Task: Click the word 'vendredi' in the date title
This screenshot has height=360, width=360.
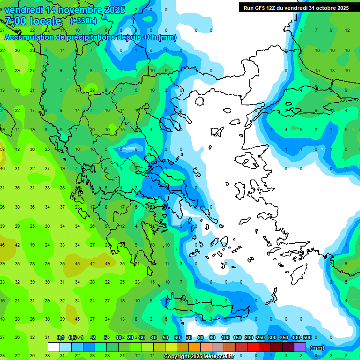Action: tap(23, 10)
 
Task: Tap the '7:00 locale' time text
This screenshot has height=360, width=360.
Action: tap(33, 21)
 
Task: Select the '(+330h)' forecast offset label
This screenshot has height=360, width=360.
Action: tap(83, 21)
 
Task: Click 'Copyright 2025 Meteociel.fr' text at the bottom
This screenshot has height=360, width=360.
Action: tap(199, 357)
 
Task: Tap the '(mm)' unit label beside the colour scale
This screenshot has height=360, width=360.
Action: tap(317, 348)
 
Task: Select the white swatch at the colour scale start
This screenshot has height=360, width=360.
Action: tap(54, 347)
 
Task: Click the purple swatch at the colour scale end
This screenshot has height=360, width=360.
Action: tap(300, 347)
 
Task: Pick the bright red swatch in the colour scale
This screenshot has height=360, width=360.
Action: tap(253, 347)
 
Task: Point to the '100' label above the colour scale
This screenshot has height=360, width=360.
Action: tap(225, 337)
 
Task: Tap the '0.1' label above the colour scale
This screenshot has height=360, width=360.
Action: tap(60, 337)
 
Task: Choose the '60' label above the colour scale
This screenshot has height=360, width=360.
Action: tap(177, 337)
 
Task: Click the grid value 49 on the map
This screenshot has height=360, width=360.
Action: tap(107, 263)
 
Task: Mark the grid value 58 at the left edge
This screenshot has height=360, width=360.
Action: tap(2, 150)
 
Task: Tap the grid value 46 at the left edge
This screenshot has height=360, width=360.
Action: tap(2, 245)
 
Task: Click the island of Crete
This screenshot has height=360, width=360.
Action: tap(202, 310)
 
